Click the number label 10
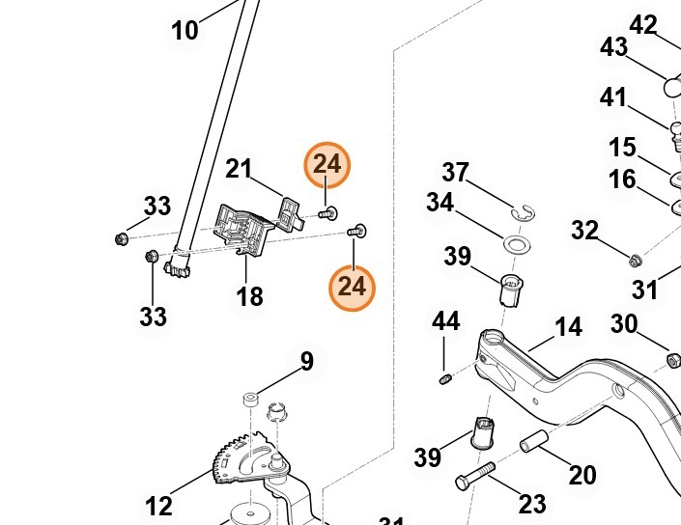click(x=184, y=30)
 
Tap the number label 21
click(x=239, y=169)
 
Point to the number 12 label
click(x=158, y=505)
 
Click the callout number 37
click(x=455, y=174)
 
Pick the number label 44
click(x=445, y=321)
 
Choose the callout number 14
click(x=569, y=327)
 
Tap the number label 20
click(x=582, y=475)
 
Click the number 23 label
click(x=532, y=504)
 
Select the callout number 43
click(x=614, y=47)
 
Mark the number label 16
click(x=622, y=179)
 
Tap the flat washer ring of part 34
click(x=519, y=242)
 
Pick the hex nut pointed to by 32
click(x=635, y=259)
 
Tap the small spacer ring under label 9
click(x=249, y=398)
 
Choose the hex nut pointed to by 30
click(x=673, y=360)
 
